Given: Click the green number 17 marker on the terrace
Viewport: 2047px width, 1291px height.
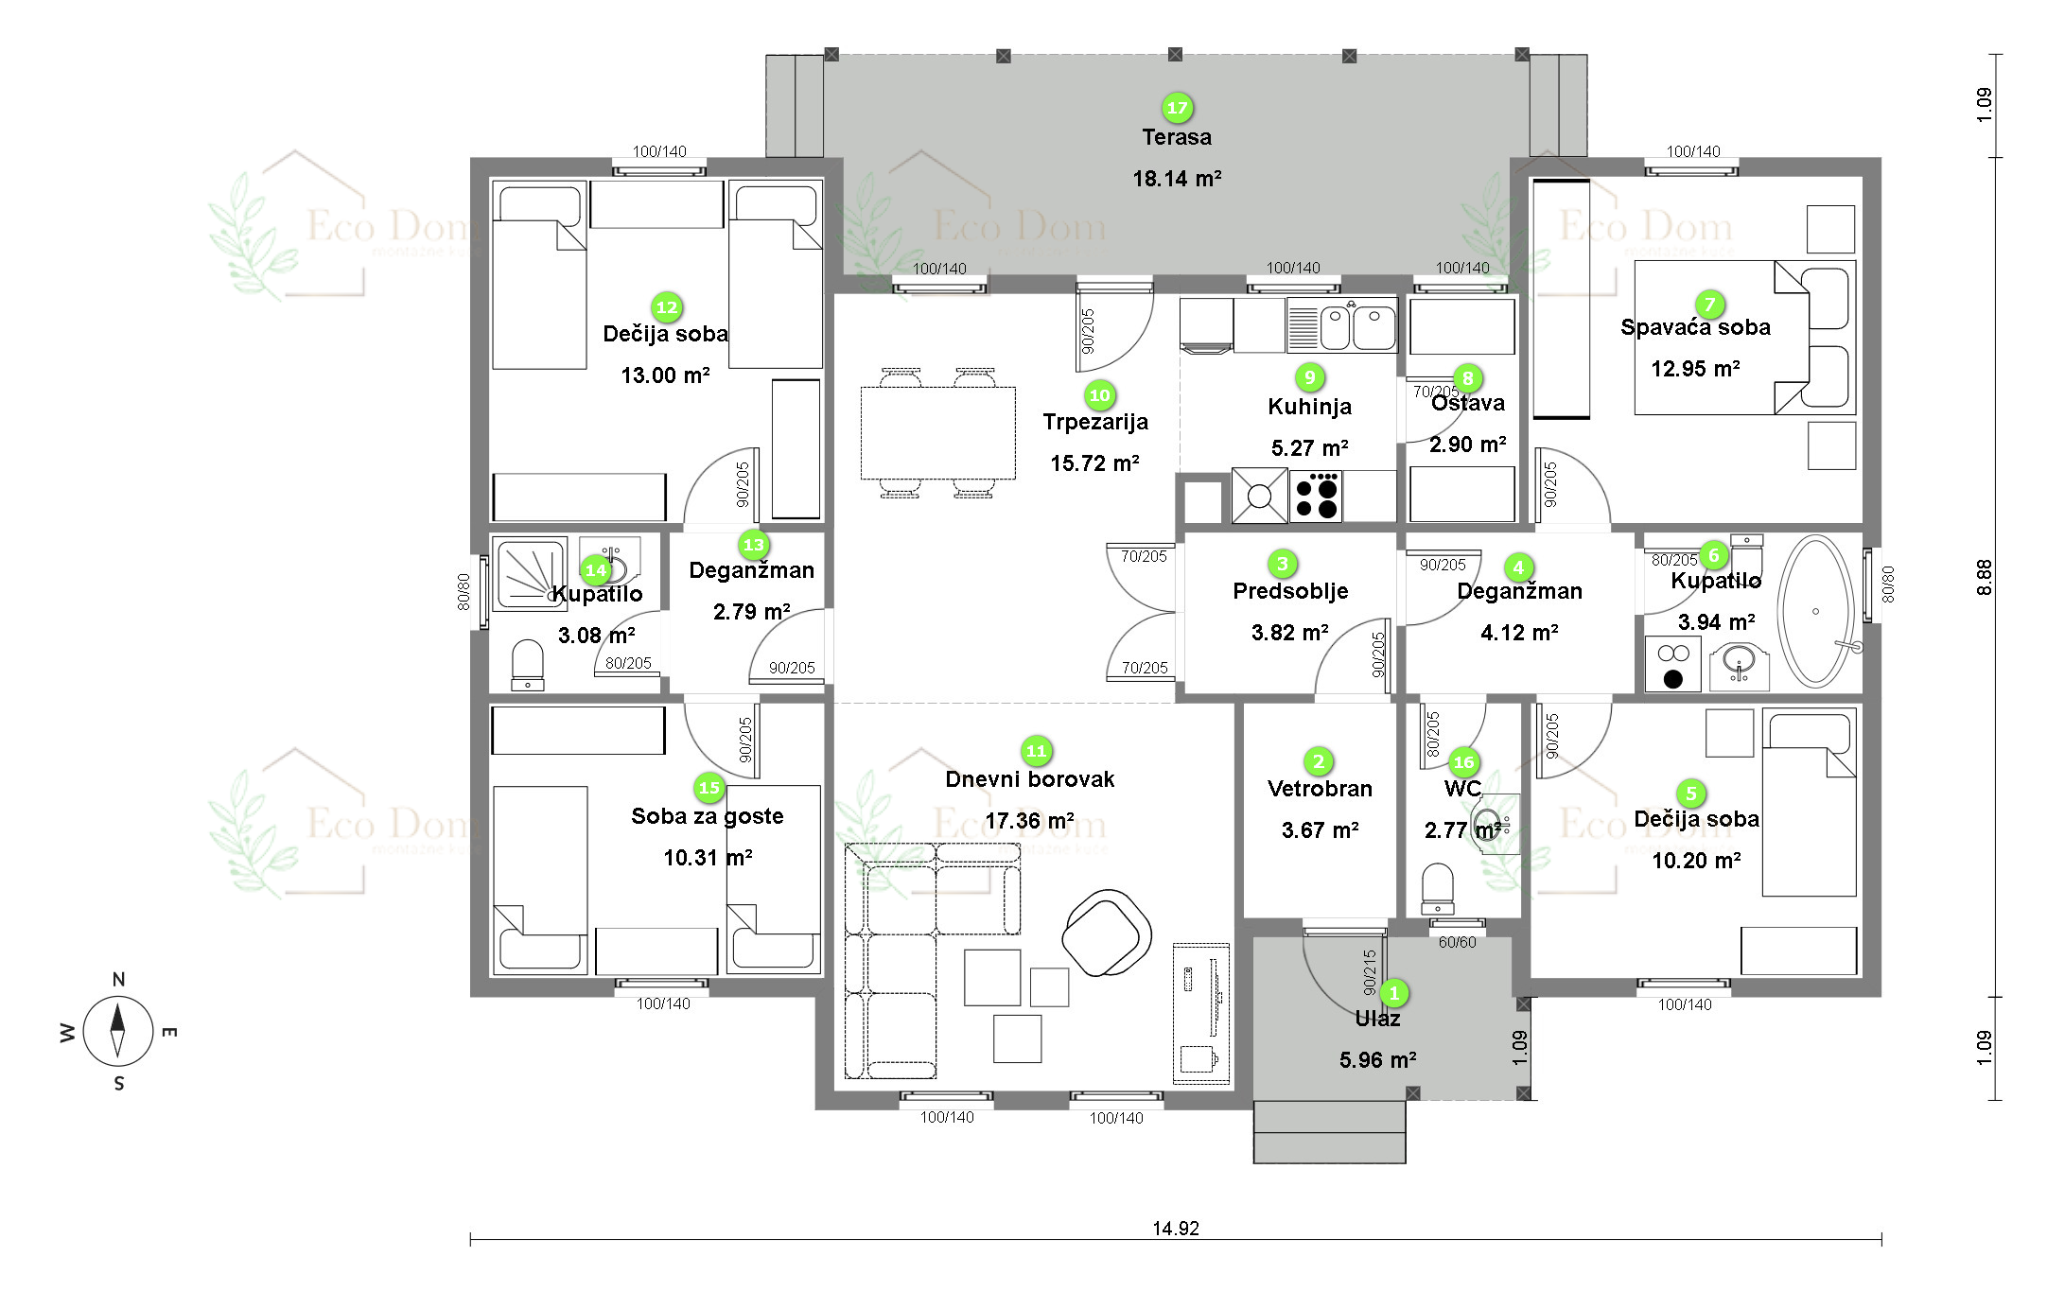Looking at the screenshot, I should tap(1177, 108).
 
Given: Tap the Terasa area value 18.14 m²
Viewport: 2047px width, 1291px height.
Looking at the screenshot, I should tap(1177, 179).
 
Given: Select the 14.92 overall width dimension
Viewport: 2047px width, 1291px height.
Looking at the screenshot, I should tap(1175, 1229).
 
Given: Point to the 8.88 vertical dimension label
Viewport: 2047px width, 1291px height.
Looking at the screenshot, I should tap(1984, 577).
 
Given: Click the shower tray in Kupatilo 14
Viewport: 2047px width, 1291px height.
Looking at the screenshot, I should tap(528, 572).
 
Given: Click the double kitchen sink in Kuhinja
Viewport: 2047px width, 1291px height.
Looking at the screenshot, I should tap(1357, 327).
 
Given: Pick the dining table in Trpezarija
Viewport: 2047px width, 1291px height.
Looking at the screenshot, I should tap(937, 432).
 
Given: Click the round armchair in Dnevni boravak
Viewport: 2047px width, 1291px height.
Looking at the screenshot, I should tap(1106, 932).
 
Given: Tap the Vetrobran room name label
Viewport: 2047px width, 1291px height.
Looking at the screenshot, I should tap(1320, 789).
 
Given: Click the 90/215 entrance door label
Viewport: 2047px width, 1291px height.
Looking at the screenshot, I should tap(1370, 972).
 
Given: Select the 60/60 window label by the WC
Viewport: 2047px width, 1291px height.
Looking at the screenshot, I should tap(1457, 942).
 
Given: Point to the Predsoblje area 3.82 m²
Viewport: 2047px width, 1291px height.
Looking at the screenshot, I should tap(1289, 633).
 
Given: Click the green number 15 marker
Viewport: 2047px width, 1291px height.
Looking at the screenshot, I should tap(709, 788).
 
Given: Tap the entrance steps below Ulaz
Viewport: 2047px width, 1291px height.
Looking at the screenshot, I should tap(1329, 1132).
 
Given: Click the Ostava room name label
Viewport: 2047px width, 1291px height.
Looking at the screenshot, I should tap(1467, 404).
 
